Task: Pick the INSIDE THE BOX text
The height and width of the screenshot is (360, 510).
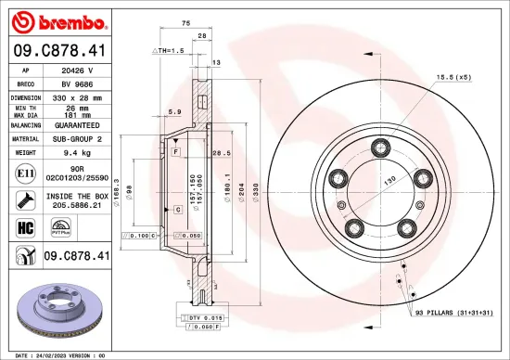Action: [x=81, y=196]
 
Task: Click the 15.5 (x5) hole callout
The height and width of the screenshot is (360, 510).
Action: [x=453, y=77]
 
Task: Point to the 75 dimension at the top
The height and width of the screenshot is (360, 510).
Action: [x=185, y=21]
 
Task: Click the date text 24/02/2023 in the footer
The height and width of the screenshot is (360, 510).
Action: [x=67, y=354]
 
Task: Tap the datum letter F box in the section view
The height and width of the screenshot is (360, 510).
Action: [x=175, y=150]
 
